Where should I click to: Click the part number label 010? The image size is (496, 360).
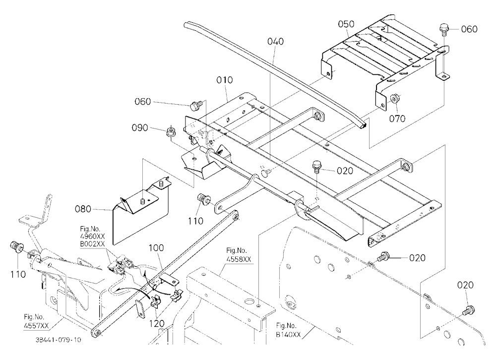tap(225, 80)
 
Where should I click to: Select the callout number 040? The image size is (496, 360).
tap(275, 42)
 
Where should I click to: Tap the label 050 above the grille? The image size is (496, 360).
tap(346, 24)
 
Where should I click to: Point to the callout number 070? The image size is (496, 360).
tap(397, 119)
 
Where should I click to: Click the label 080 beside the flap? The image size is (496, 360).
tap(83, 209)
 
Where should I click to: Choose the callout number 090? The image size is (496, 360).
tap(140, 128)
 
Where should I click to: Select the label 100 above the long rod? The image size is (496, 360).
tap(156, 248)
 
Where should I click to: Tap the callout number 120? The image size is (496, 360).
tap(157, 324)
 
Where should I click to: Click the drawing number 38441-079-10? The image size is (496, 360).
tap(58, 340)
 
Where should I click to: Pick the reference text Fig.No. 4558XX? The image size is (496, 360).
tap(239, 255)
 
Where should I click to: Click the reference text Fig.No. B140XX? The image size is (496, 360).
tap(288, 330)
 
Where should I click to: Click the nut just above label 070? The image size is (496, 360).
tap(395, 98)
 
